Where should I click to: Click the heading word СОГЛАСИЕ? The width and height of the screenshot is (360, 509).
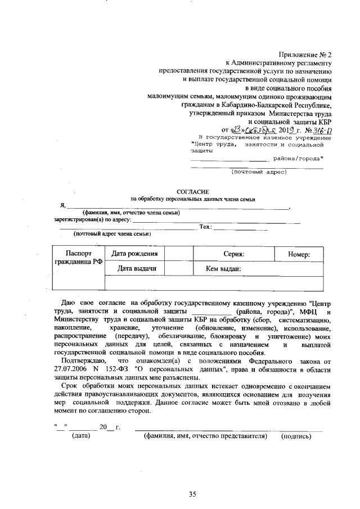pos(193,192)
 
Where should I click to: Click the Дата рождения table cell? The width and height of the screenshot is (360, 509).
pos(138,254)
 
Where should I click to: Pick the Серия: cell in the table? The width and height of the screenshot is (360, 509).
pos(232,254)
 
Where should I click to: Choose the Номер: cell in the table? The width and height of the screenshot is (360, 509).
pos(299,254)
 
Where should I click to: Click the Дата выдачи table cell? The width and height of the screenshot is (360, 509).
pos(137,269)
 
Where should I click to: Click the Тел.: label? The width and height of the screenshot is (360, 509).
pos(205,227)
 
